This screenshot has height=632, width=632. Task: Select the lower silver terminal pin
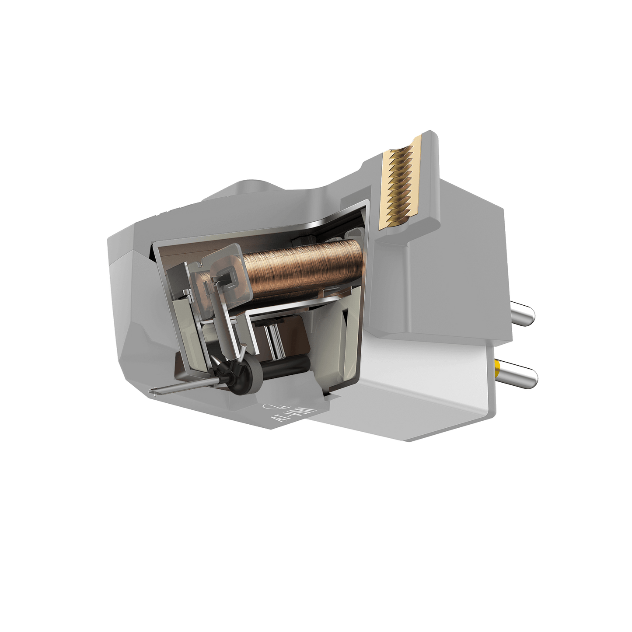coord(520,375)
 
